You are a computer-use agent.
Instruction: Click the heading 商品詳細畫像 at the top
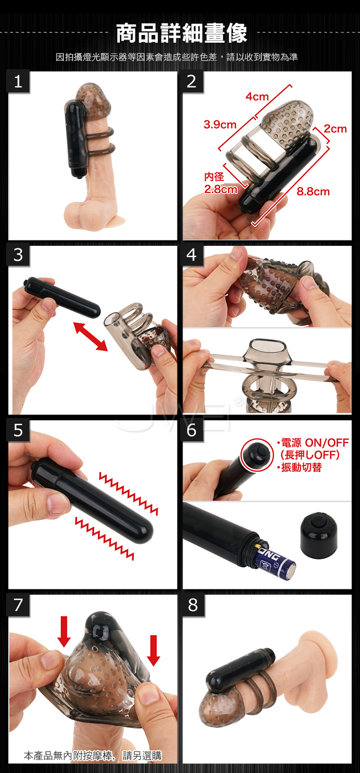(182, 33)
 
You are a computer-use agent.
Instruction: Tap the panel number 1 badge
(19, 82)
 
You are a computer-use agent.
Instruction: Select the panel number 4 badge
(192, 256)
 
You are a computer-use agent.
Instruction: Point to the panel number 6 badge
(192, 430)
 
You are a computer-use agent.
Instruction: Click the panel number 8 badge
(193, 605)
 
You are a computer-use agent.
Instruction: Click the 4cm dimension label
(257, 97)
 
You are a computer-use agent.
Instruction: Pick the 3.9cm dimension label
(220, 124)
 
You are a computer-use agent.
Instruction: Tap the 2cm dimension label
(335, 129)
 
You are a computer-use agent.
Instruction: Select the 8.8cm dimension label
(313, 191)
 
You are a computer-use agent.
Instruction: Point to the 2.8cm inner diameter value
(221, 189)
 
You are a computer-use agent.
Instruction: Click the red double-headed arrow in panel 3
(91, 336)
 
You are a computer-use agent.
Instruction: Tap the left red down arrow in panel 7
(64, 631)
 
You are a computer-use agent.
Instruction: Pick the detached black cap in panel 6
(318, 534)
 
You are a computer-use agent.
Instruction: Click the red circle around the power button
(257, 455)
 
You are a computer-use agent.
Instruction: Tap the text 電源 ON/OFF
(314, 443)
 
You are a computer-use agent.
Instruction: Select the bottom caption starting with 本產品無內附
(93, 756)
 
